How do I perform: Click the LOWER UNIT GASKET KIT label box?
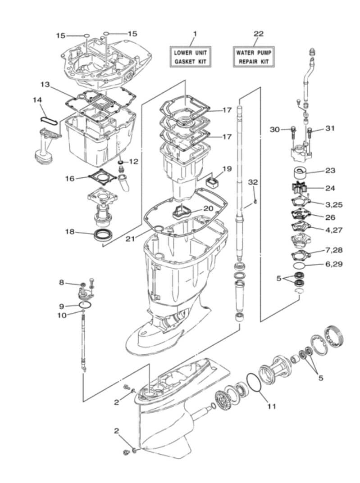[190, 57]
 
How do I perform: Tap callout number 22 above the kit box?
[258, 34]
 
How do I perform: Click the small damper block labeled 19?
[211, 183]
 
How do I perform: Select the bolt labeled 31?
[311, 132]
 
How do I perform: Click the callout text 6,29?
[334, 264]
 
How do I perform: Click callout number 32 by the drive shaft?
[253, 182]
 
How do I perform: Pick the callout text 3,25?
[334, 204]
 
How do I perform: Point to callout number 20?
[208, 208]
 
